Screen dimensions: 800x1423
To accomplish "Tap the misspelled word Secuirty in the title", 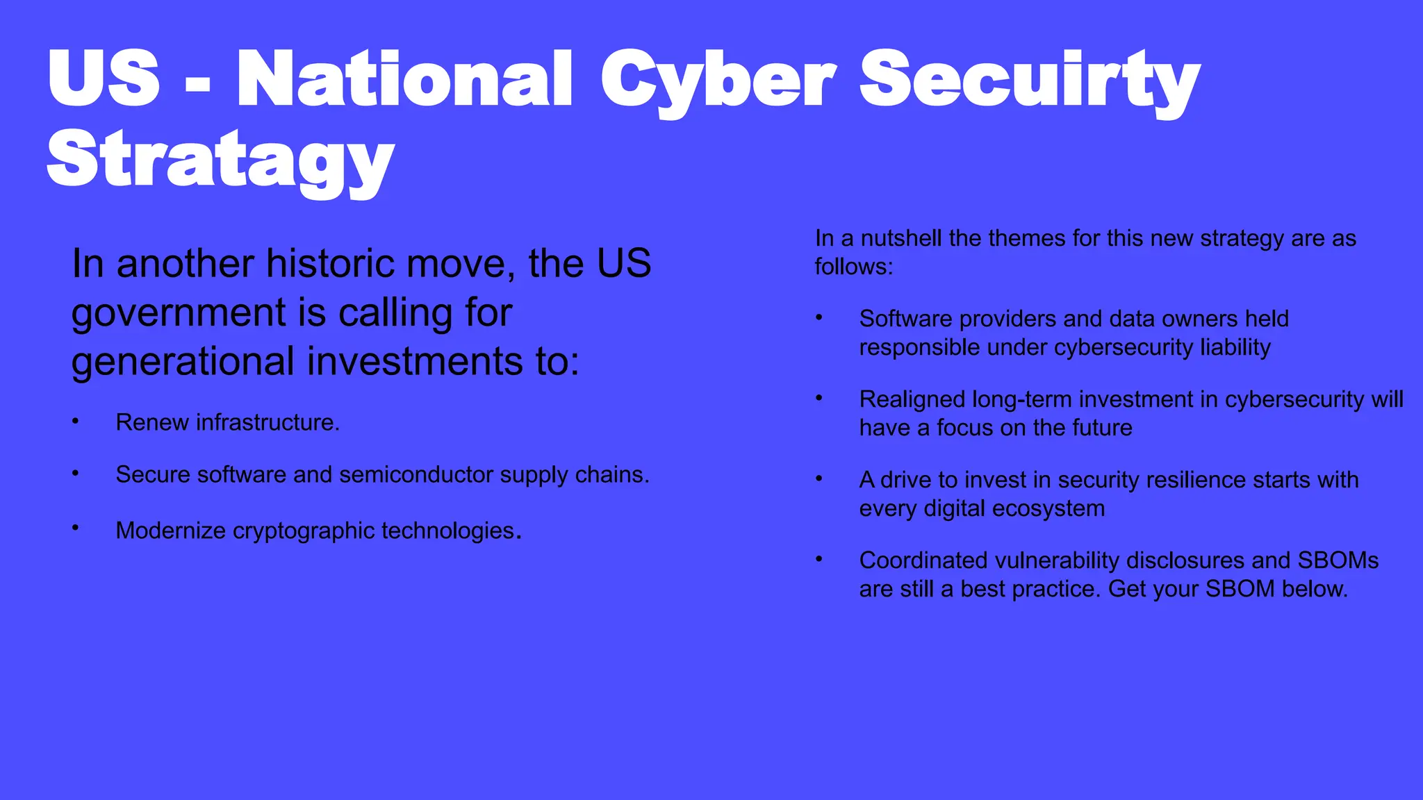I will [x=1030, y=79].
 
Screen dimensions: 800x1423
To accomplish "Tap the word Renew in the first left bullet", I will [x=152, y=422].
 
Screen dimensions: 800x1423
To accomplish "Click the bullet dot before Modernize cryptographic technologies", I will [x=75, y=528].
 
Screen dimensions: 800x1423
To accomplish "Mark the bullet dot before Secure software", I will [x=75, y=473].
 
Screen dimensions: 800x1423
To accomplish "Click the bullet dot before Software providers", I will [x=819, y=318].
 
